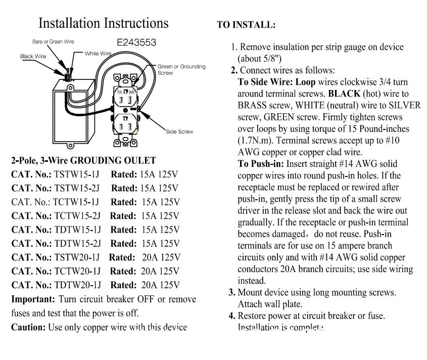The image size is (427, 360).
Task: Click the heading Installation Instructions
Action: point(104,23)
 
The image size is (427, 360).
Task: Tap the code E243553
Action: point(136,43)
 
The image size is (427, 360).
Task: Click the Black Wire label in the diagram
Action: point(33,57)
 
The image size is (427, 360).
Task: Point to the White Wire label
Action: point(98,54)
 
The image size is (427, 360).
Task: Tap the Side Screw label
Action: point(179,132)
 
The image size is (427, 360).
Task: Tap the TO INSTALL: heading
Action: point(246,24)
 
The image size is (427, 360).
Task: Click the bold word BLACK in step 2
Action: point(344,94)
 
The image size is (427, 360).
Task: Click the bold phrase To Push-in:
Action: point(261,164)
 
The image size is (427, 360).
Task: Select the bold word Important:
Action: point(33,299)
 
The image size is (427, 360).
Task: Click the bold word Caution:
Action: point(28,327)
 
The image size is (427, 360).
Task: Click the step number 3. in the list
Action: point(232,292)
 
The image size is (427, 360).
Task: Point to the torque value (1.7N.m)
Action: point(256,140)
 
